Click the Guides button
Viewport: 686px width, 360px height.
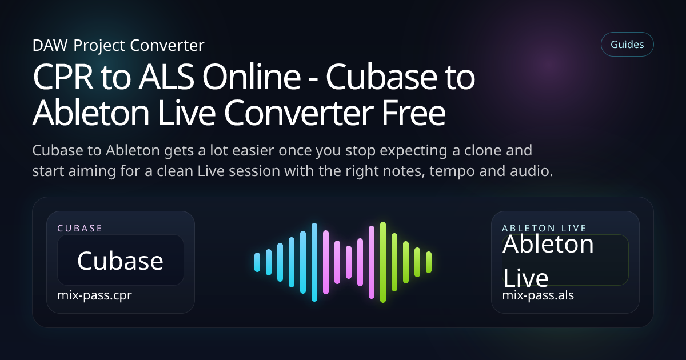627,44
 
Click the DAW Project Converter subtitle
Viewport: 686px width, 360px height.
118,45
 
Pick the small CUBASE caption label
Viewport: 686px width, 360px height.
80,228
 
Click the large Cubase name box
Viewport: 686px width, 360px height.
120,261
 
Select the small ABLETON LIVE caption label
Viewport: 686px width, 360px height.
544,228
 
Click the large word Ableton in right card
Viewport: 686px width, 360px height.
548,245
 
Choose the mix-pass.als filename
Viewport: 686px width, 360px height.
538,295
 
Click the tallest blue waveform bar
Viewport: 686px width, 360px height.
314,262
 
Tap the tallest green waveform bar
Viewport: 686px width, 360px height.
383,262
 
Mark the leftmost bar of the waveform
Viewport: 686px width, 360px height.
257,262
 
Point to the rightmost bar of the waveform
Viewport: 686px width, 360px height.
429,262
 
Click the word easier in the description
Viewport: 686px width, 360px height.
239,151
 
